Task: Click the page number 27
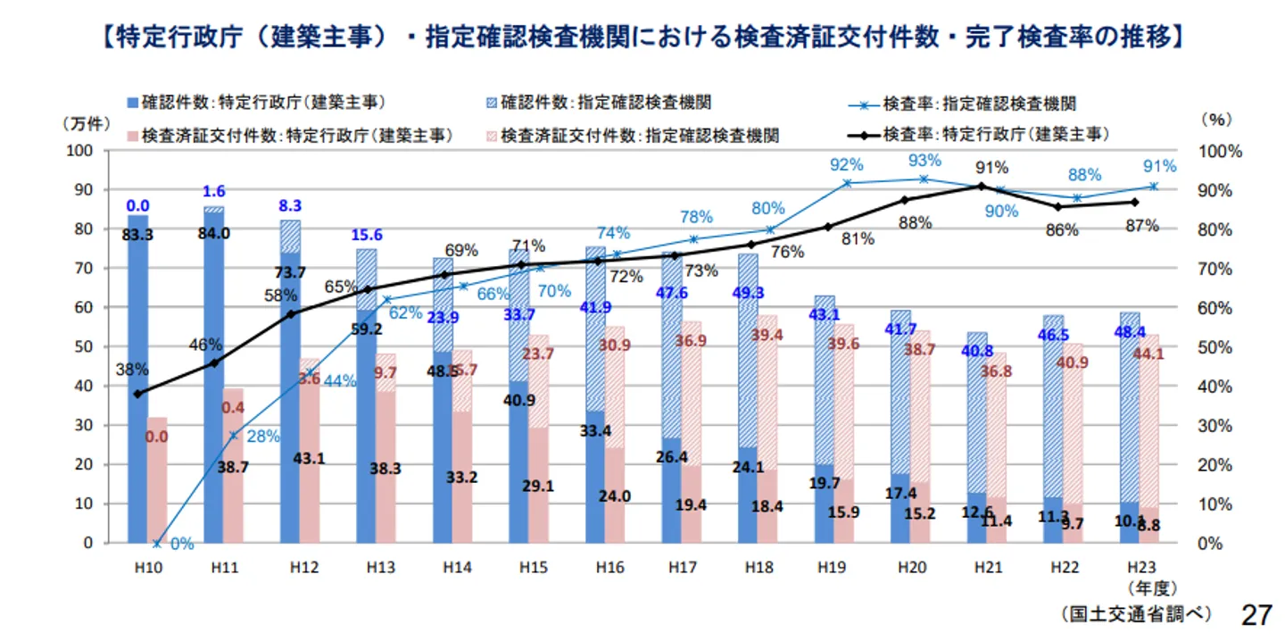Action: (x=1256, y=615)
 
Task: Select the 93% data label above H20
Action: (x=924, y=161)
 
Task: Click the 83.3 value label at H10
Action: (x=138, y=235)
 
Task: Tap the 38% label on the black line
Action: (x=132, y=370)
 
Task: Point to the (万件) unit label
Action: (x=85, y=124)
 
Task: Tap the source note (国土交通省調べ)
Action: (x=1134, y=614)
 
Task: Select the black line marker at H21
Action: (x=981, y=186)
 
